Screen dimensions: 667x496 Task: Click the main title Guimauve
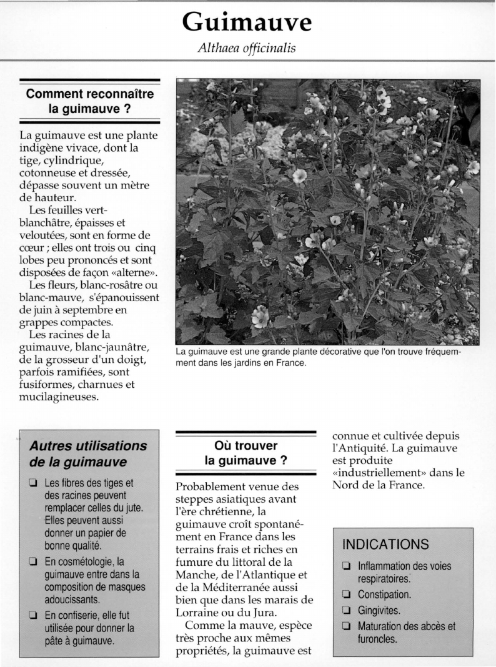(247, 22)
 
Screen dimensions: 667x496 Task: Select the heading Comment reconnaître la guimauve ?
(89, 101)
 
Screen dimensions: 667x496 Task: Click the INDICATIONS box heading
(385, 544)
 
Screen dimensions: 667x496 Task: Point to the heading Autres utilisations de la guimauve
(88, 455)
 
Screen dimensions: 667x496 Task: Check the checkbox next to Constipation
(346, 595)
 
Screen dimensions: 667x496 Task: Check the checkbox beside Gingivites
(346, 611)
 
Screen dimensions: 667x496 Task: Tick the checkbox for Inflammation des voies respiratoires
(346, 566)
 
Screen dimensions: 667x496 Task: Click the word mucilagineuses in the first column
(58, 397)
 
